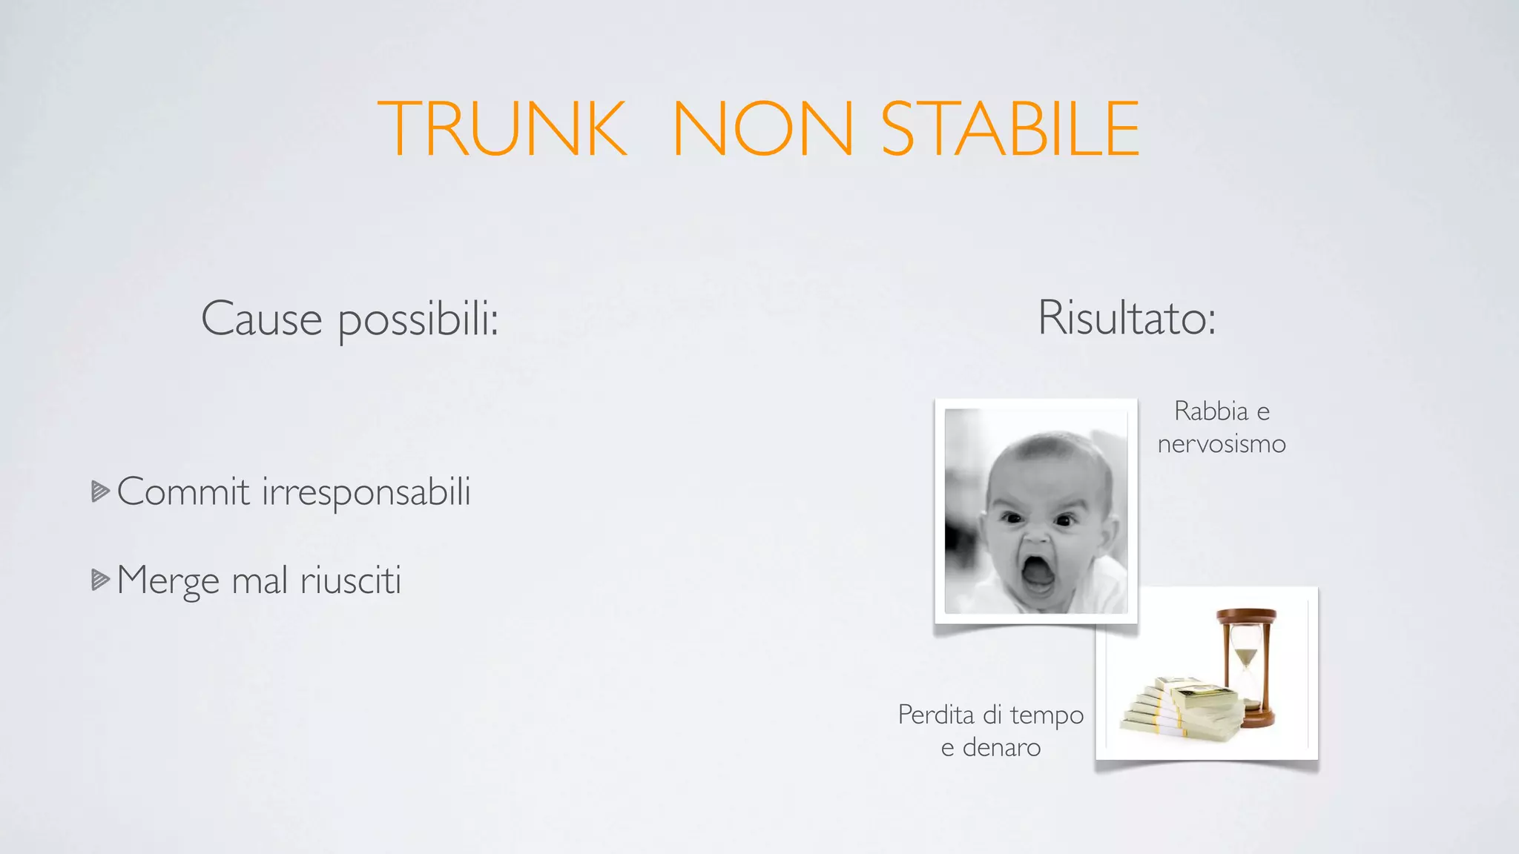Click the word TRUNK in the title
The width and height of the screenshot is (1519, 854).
pos(502,129)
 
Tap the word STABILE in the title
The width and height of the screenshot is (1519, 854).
pos(1009,129)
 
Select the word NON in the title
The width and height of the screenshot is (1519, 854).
pos(763,129)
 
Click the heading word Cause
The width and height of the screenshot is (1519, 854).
pos(261,320)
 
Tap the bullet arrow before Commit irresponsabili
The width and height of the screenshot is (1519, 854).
pos(100,491)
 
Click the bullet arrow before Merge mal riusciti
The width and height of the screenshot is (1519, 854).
pos(100,580)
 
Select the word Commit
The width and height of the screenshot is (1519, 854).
pos(183,491)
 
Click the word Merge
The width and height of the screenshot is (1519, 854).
pos(168,581)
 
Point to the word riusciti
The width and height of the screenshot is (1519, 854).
pos(351,580)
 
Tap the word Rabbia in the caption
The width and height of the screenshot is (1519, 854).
pos(1210,411)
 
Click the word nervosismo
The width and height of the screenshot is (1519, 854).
pos(1222,444)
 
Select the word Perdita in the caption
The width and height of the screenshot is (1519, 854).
pos(936,715)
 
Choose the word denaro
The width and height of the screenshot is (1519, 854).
pos(1001,747)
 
